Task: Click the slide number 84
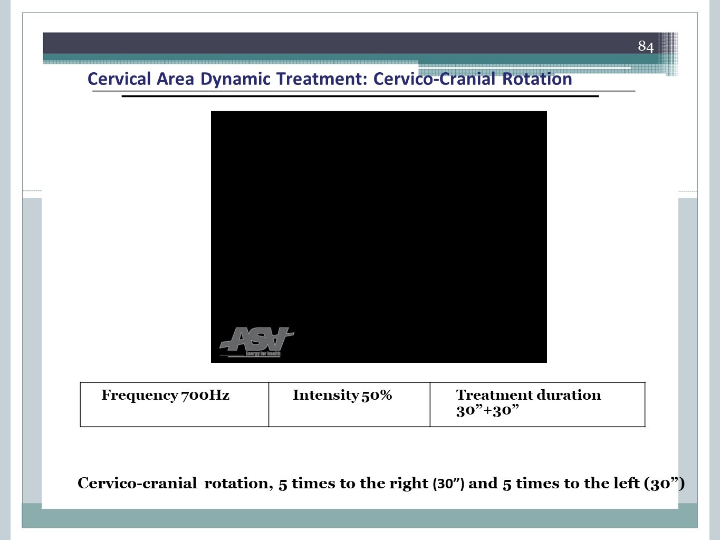[646, 46]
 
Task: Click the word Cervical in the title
[119, 79]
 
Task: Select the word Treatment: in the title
[322, 79]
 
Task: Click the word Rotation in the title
[537, 79]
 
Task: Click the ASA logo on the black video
[256, 342]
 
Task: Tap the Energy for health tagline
[263, 353]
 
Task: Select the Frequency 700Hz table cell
[175, 404]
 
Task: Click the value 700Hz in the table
[205, 395]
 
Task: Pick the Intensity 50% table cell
[349, 404]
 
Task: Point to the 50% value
[377, 395]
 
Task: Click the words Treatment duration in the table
[529, 395]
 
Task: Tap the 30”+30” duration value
[487, 410]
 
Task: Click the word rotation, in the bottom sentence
[238, 484]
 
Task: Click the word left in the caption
[628, 483]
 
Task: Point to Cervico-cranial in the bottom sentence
[137, 483]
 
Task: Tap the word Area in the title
[175, 79]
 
